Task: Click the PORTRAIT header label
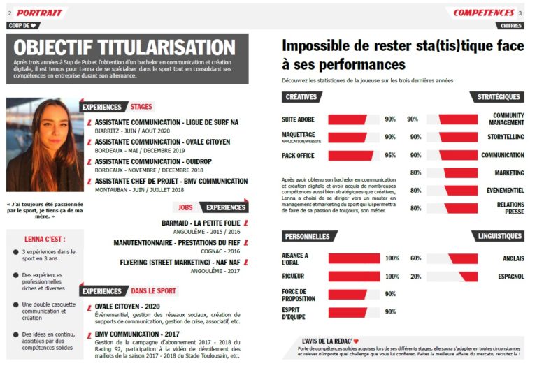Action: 40,13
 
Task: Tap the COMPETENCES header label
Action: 484,13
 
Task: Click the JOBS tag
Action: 185,207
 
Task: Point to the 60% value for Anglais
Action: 415,258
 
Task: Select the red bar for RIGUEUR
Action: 354,277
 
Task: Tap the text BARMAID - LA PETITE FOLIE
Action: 200,223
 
